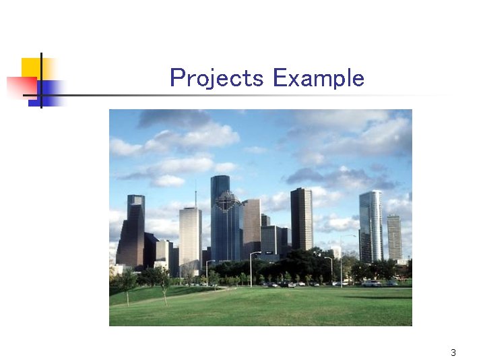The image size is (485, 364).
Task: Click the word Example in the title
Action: point(318,78)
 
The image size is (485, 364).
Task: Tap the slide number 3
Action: point(453,353)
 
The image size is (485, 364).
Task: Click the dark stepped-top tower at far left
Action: point(132,233)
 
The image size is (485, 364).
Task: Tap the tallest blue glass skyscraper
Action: point(220,216)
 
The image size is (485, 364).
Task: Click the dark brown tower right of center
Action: point(301,219)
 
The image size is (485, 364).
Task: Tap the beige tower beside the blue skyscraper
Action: point(251,226)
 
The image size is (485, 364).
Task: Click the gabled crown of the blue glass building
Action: point(228,200)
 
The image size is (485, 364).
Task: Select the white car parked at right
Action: point(371,284)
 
